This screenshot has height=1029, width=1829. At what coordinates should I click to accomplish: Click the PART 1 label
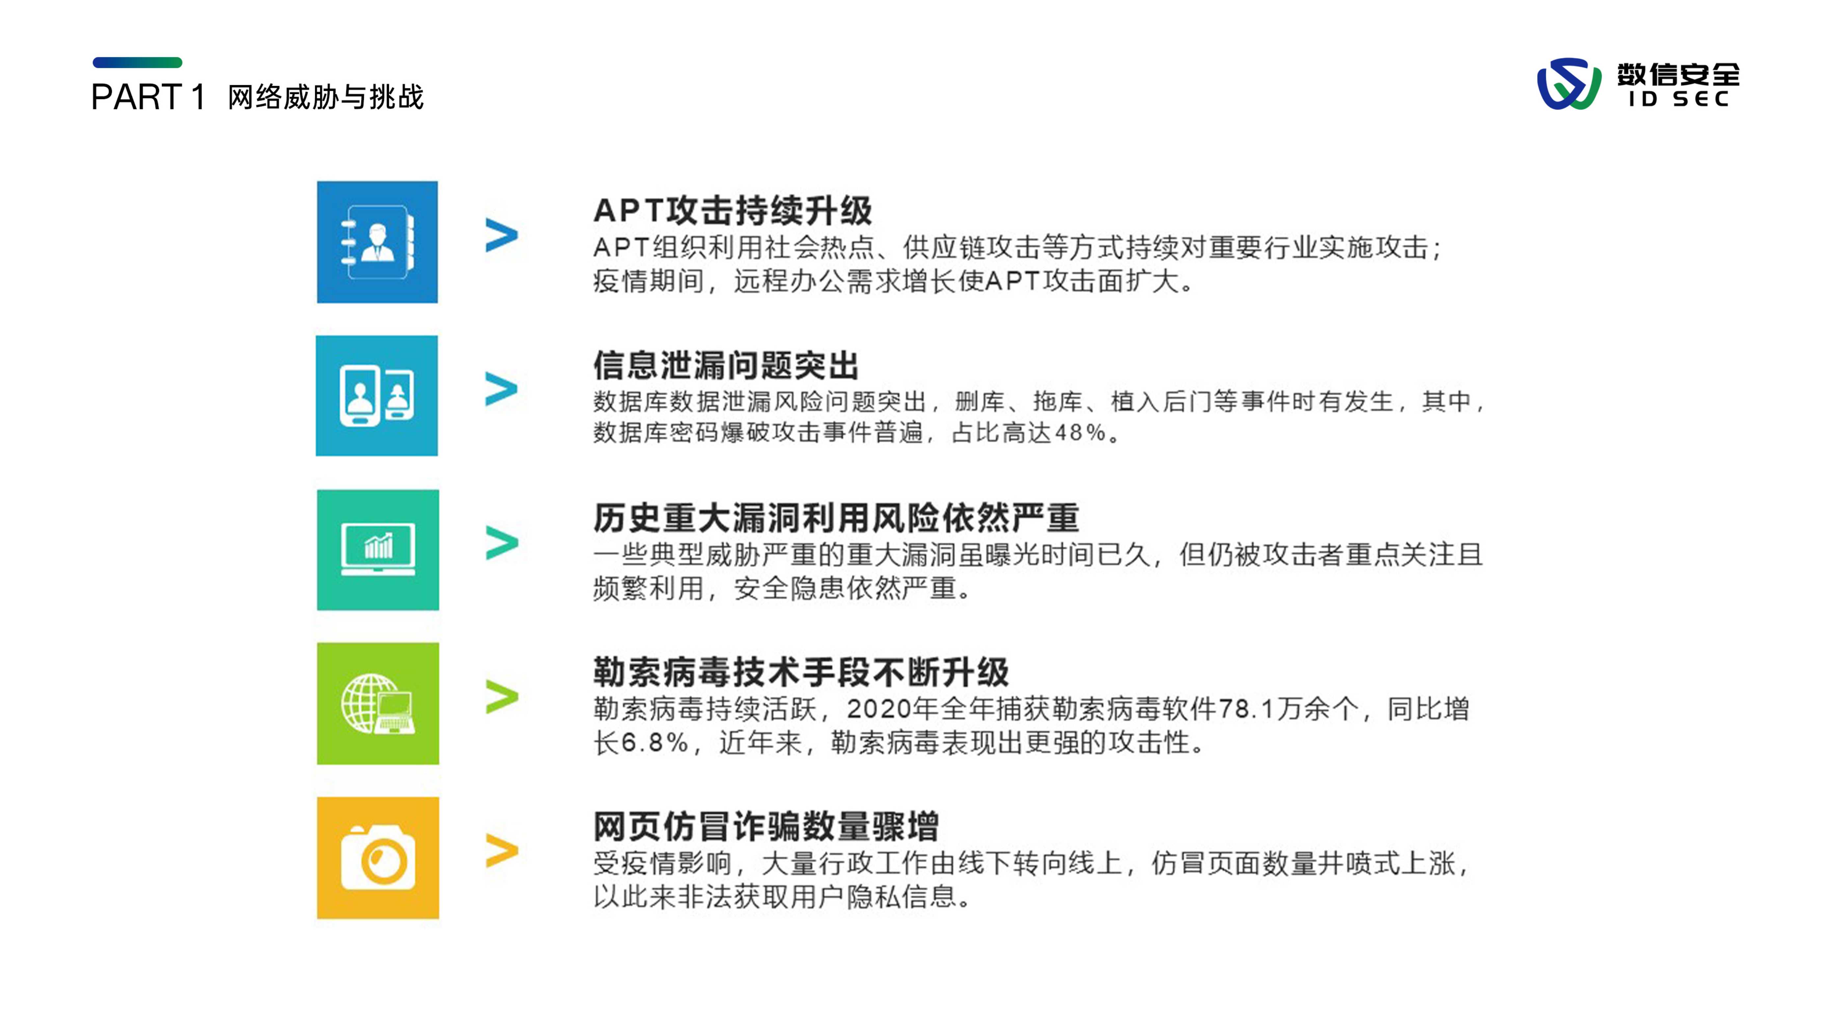pyautogui.click(x=148, y=96)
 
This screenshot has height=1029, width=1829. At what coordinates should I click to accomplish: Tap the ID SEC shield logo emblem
pyautogui.click(x=1569, y=84)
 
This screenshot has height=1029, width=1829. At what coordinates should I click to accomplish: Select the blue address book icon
pyautogui.click(x=377, y=242)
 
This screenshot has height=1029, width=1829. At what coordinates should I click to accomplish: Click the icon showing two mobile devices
pyautogui.click(x=377, y=395)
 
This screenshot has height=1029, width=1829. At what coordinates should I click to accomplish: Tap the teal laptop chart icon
pyautogui.click(x=378, y=550)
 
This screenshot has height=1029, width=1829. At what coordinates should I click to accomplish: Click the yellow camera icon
pyautogui.click(x=378, y=858)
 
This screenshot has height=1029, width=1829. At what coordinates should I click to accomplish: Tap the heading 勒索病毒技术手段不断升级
pyautogui.click(x=801, y=672)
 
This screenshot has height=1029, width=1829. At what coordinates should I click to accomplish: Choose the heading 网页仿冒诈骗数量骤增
pyautogui.click(x=766, y=826)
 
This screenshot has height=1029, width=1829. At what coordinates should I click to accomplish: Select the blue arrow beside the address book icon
pyautogui.click(x=502, y=235)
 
